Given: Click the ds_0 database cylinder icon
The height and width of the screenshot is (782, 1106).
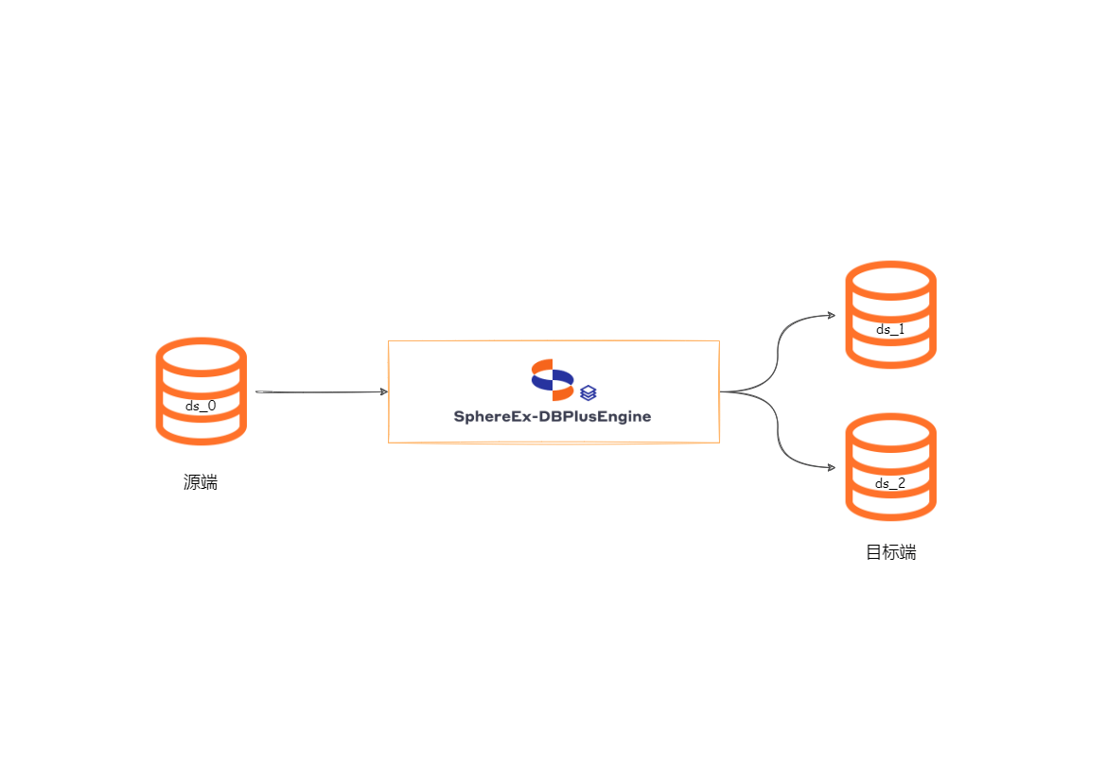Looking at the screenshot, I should click(201, 391).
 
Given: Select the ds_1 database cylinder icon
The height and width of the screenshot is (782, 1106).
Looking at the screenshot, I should click(890, 314).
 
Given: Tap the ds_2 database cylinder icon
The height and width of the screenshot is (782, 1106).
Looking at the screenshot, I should click(890, 466).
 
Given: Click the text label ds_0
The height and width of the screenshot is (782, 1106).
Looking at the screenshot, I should click(201, 406).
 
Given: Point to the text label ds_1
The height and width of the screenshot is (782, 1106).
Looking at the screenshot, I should click(890, 330).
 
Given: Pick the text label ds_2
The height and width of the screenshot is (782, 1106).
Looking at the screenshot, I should click(890, 483).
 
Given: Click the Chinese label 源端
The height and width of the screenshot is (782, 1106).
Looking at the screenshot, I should click(201, 482).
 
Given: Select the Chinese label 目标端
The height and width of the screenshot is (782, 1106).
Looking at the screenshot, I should click(890, 552).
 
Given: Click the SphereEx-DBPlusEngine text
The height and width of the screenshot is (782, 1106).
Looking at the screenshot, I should click(553, 416).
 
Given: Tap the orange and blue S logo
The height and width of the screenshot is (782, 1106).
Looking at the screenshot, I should click(553, 379).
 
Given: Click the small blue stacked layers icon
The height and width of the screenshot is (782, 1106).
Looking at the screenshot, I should click(588, 391).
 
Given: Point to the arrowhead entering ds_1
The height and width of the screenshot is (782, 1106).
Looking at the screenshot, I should click(831, 315).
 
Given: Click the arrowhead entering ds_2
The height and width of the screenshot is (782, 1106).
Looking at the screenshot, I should click(831, 467).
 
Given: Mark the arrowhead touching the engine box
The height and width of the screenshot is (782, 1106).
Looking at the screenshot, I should click(383, 391).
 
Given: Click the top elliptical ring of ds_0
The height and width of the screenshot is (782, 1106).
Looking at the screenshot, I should click(201, 356).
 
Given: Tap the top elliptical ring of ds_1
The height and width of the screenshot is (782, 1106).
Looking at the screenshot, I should click(890, 280).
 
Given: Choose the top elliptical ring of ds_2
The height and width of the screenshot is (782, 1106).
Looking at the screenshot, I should click(890, 432).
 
